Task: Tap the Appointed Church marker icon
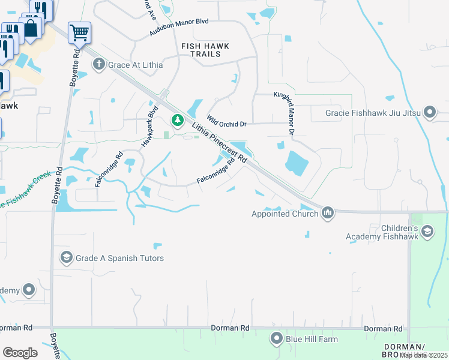pos(327,213)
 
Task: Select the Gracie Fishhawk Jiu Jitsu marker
pos(429,112)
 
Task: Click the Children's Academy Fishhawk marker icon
pos(427,232)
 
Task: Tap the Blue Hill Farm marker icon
pos(276,339)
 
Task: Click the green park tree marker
pos(177,121)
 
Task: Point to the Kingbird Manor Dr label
pos(285,113)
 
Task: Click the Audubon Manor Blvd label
pos(179,29)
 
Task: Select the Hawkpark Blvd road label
pos(148,127)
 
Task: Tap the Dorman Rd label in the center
pos(230,328)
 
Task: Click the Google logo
pos(20,353)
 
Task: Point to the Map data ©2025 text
pos(424,355)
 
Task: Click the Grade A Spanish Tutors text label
pos(119,258)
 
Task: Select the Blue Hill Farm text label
pos(312,339)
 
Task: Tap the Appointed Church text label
pos(285,214)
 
